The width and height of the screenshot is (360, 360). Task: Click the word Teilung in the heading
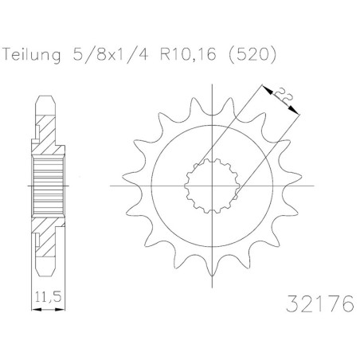[x=32, y=55]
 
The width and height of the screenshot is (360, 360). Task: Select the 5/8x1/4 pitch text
[x=110, y=55]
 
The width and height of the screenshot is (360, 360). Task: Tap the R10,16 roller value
[x=188, y=54]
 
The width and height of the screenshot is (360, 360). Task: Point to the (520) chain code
[x=252, y=55]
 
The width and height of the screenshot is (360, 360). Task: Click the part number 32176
[x=320, y=303]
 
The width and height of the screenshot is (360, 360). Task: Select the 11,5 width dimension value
[x=48, y=296]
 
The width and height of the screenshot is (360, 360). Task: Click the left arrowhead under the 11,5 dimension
[x=37, y=309]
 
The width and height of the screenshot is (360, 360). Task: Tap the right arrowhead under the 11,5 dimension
[x=60, y=309]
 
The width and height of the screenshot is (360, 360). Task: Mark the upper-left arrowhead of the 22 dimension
[x=268, y=89]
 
